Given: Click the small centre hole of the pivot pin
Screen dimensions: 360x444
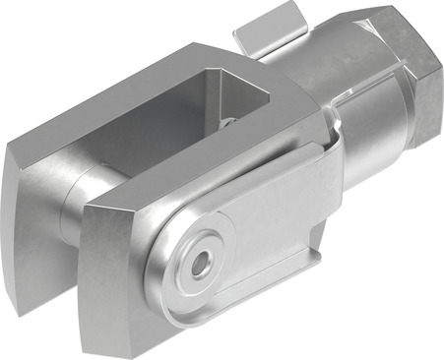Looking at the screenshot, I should click(202, 264).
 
